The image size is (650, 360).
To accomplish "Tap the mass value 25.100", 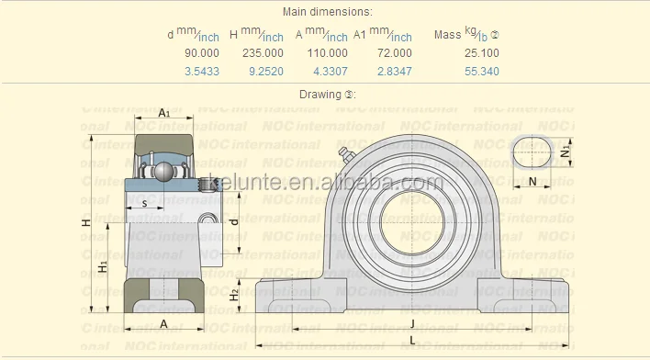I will [x=482, y=53].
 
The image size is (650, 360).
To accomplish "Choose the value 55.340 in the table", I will [x=482, y=71].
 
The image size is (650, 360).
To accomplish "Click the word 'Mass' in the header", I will [x=448, y=35].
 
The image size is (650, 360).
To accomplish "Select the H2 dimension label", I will [x=235, y=294].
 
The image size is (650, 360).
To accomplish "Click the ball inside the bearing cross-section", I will [x=161, y=172].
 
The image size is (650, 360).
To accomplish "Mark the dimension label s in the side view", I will [x=144, y=203].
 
